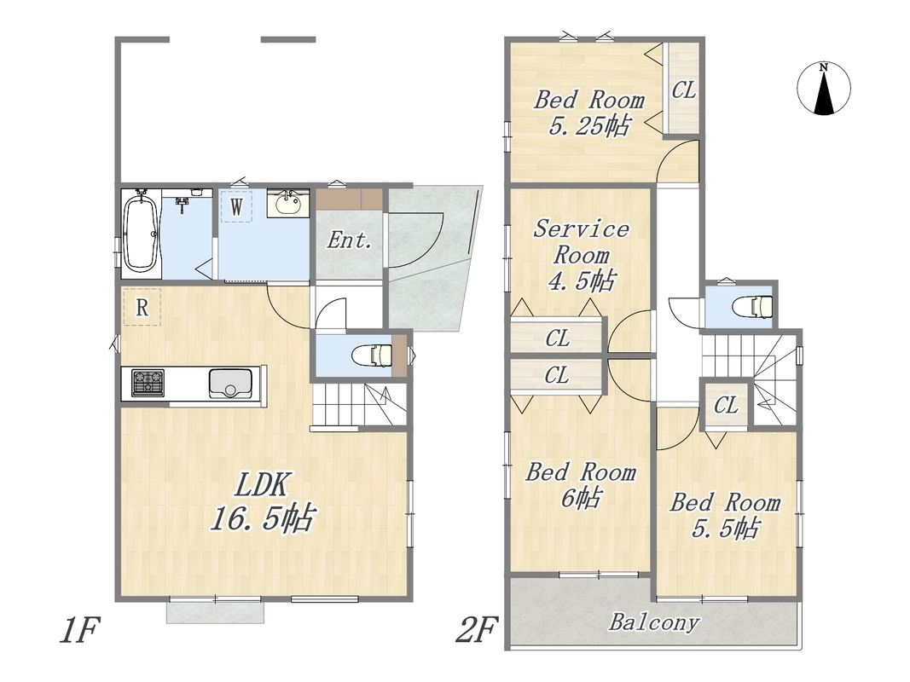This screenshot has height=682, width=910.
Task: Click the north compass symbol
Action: coord(824,88)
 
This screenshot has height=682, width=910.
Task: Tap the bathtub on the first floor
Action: coord(141,234)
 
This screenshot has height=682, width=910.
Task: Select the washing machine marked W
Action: coord(236,205)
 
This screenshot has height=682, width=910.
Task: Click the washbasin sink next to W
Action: coord(288,203)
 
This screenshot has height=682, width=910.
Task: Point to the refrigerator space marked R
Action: coord(142,307)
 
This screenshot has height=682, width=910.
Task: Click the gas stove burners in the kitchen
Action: coord(148,384)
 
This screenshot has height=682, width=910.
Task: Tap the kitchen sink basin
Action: coord(231,384)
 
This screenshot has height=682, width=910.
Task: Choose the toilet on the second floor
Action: coord(752,305)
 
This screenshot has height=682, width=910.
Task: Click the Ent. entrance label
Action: coord(349,240)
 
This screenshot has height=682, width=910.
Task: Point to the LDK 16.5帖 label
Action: coord(263,501)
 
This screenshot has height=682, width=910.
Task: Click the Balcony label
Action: coord(654,622)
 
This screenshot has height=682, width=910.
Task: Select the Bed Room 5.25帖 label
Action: coord(589,113)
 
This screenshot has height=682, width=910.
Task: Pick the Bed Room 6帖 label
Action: coord(581,485)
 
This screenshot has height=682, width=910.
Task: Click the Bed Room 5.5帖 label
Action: coord(726,515)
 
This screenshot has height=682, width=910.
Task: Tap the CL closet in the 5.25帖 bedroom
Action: coord(684,90)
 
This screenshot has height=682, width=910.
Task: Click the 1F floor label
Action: coord(79,630)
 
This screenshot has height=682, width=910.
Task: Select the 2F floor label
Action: coord(476,630)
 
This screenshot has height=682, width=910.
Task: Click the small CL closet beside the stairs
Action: coord(726,405)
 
